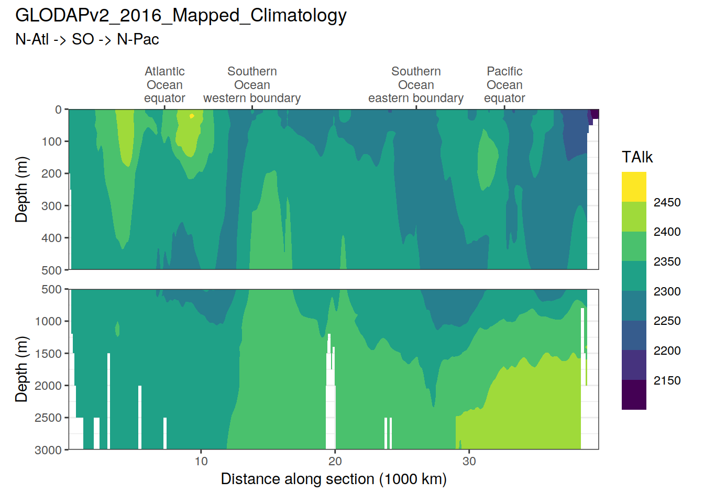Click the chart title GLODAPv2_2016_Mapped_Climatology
(x=181, y=16)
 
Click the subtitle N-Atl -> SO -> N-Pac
(x=87, y=39)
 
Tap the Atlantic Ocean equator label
(x=164, y=85)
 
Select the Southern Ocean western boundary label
(x=252, y=85)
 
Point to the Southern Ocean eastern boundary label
(x=416, y=85)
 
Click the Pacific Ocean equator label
(x=504, y=85)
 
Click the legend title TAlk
(x=637, y=157)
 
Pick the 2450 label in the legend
(x=667, y=202)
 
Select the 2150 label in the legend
(x=667, y=380)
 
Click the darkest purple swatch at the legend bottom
(x=634, y=395)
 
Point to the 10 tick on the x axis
(x=201, y=461)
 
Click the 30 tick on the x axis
(x=469, y=461)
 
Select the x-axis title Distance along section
(x=334, y=479)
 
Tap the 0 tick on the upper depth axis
(x=58, y=110)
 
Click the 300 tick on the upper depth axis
(x=52, y=206)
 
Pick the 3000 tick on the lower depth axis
(x=48, y=450)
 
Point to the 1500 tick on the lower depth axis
(x=48, y=354)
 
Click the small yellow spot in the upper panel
(x=192, y=116)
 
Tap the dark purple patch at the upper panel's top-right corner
(x=595, y=114)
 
